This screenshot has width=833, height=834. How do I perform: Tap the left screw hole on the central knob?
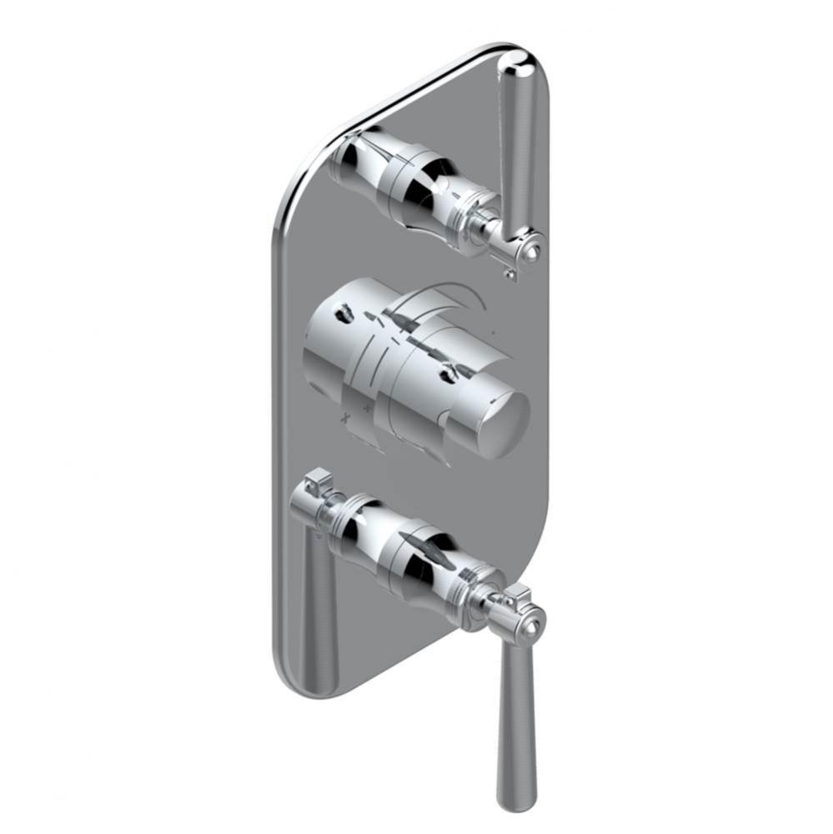pos(342,316)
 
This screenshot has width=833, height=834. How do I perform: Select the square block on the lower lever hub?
pos(518,596)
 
